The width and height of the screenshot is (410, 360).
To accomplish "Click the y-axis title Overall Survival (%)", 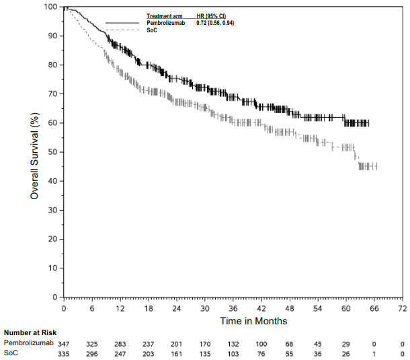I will (34, 151).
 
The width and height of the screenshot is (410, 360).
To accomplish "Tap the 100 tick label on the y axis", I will (51, 7).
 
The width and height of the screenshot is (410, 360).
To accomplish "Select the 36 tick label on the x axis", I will (233, 308).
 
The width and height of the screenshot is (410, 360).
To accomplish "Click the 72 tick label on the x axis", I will (402, 308).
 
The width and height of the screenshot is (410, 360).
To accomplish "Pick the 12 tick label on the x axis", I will (120, 308).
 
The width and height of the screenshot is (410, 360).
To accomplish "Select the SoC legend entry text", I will (152, 31).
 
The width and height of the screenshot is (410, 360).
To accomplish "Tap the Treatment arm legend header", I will (165, 15).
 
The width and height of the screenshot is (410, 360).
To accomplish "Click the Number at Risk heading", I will (30, 333).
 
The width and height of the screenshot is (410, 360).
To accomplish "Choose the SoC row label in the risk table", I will (11, 353).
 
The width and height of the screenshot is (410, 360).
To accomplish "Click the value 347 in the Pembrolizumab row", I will (64, 343).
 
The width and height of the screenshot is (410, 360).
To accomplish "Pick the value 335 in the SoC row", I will (64, 353).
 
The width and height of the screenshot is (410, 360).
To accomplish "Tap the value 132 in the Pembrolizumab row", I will (233, 343).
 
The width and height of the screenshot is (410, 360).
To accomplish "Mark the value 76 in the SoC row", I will (261, 353).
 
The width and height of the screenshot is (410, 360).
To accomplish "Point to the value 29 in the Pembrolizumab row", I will (345, 343).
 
